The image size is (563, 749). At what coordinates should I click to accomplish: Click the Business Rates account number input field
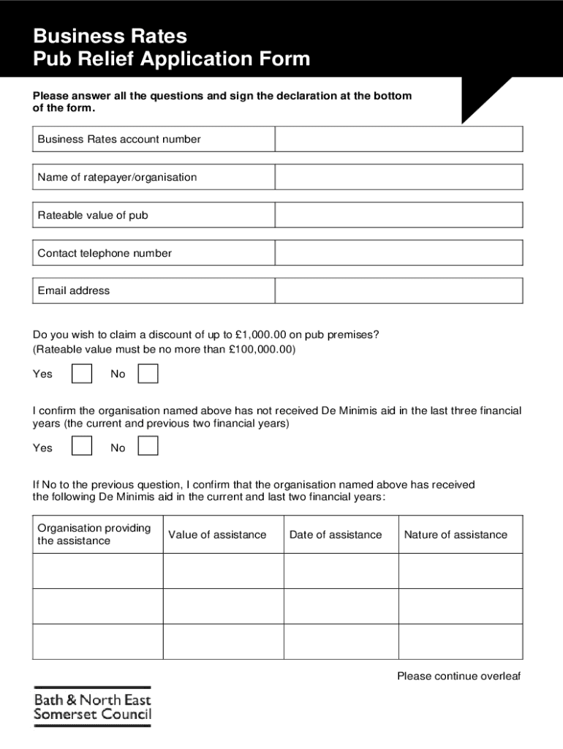pyautogui.click(x=398, y=139)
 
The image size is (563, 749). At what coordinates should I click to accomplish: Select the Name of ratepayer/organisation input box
pyautogui.click(x=398, y=177)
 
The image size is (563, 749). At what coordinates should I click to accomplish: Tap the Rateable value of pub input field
pyautogui.click(x=398, y=215)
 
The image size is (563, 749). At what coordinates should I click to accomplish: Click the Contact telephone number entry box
pyautogui.click(x=398, y=253)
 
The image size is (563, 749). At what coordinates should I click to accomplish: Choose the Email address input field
pyautogui.click(x=398, y=290)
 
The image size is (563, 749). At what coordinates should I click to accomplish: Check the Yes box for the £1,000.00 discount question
pyautogui.click(x=82, y=374)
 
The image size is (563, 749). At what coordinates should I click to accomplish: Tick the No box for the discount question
pyautogui.click(x=148, y=374)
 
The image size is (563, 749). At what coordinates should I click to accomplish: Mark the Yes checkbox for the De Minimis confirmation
pyautogui.click(x=82, y=446)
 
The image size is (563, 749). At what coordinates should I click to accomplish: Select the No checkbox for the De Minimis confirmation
pyautogui.click(x=148, y=446)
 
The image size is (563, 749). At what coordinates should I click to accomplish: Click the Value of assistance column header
pyautogui.click(x=217, y=535)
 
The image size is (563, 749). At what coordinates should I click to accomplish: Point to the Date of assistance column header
pyautogui.click(x=336, y=535)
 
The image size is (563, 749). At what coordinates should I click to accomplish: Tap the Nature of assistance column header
pyautogui.click(x=456, y=535)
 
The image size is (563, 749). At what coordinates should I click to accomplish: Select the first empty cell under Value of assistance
pyautogui.click(x=223, y=571)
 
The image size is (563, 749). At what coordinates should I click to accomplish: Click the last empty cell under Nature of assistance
pyautogui.click(x=461, y=641)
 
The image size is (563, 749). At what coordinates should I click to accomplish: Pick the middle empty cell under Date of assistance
pyautogui.click(x=341, y=606)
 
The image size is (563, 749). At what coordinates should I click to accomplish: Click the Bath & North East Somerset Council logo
pyautogui.click(x=92, y=707)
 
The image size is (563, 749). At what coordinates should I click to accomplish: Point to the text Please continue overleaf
pyautogui.click(x=458, y=676)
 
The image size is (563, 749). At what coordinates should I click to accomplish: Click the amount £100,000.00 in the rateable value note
pyautogui.click(x=261, y=350)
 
